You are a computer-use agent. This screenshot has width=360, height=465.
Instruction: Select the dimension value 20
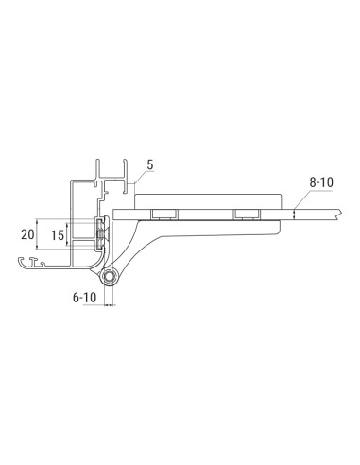point(29,233)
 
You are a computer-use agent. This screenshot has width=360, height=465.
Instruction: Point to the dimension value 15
point(59,233)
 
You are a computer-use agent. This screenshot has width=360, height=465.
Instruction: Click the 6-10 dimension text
point(85,296)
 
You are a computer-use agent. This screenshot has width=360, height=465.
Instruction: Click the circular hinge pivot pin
point(112,278)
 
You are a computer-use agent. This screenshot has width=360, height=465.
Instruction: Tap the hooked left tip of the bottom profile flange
point(23,260)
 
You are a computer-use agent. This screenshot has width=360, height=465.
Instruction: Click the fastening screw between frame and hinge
point(100,232)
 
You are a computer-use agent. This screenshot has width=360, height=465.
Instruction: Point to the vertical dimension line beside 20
point(40,233)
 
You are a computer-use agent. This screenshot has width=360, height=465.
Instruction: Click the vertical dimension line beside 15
point(69,233)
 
